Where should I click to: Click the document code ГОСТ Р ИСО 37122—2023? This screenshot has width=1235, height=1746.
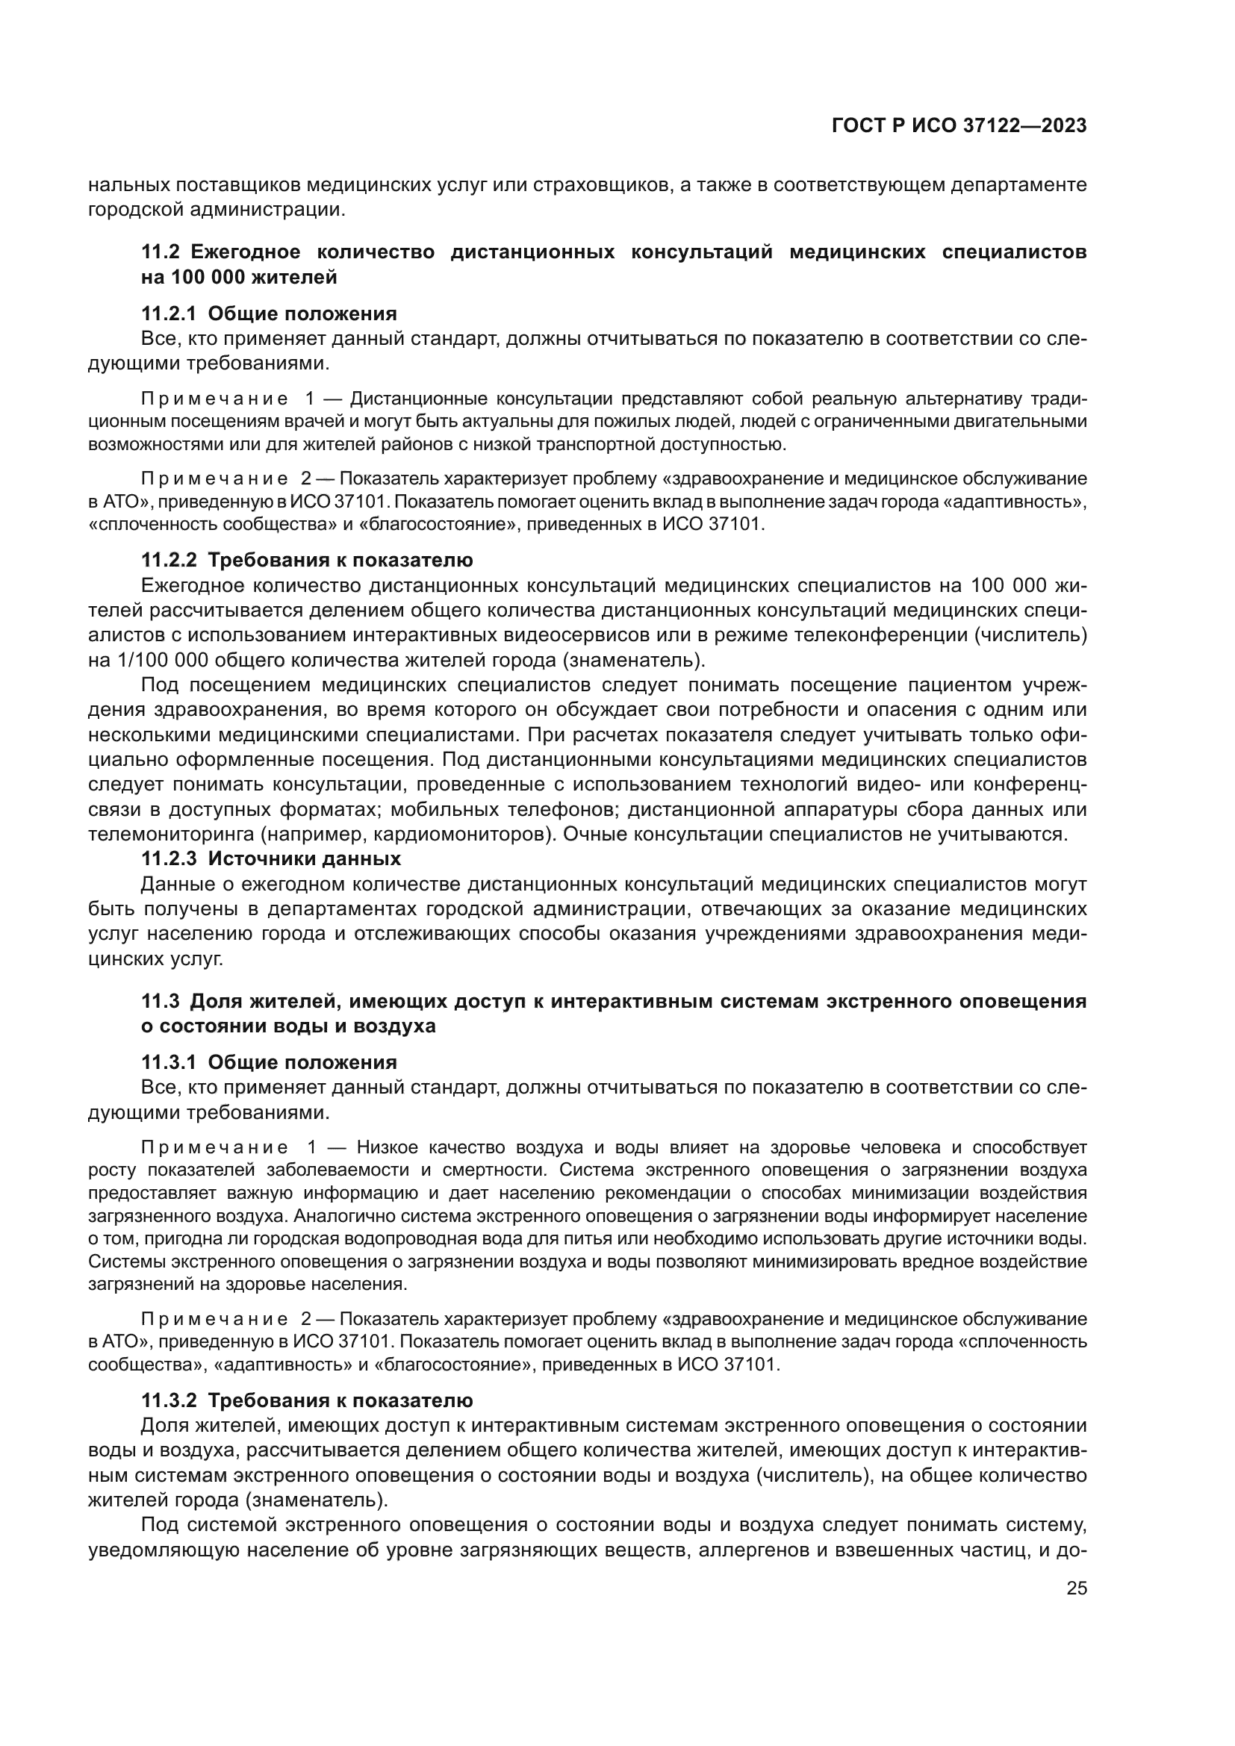pyautogui.click(x=959, y=126)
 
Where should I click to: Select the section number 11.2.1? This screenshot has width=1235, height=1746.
pyautogui.click(x=169, y=314)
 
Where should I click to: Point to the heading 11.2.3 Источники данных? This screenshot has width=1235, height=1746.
pyautogui.click(x=271, y=859)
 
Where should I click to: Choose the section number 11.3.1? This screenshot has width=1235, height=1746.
pyautogui.click(x=169, y=1062)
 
